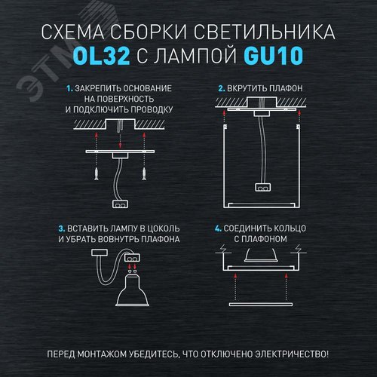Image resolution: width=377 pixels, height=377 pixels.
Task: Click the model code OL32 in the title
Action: [93, 57]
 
